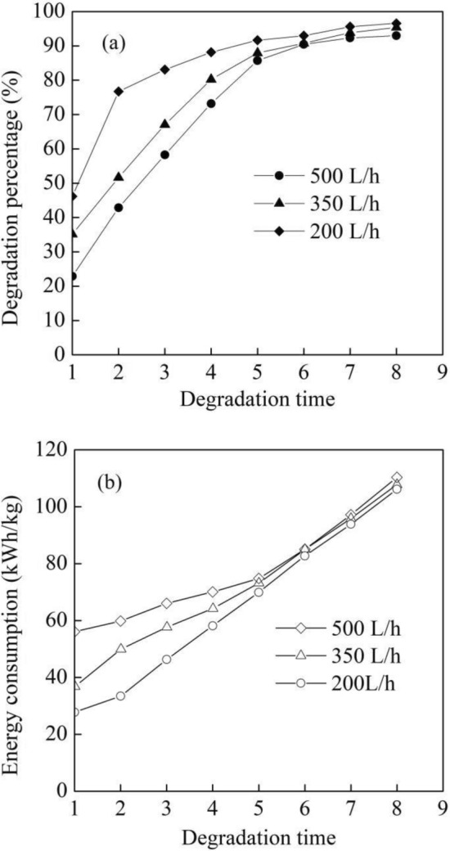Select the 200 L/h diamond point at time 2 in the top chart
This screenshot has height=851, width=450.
[119, 91]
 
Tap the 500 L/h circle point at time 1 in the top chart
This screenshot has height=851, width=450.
[73, 277]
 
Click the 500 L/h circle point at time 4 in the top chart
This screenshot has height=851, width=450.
[211, 104]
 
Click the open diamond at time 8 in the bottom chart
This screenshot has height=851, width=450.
[397, 477]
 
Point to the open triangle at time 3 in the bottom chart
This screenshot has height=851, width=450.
[165, 627]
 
